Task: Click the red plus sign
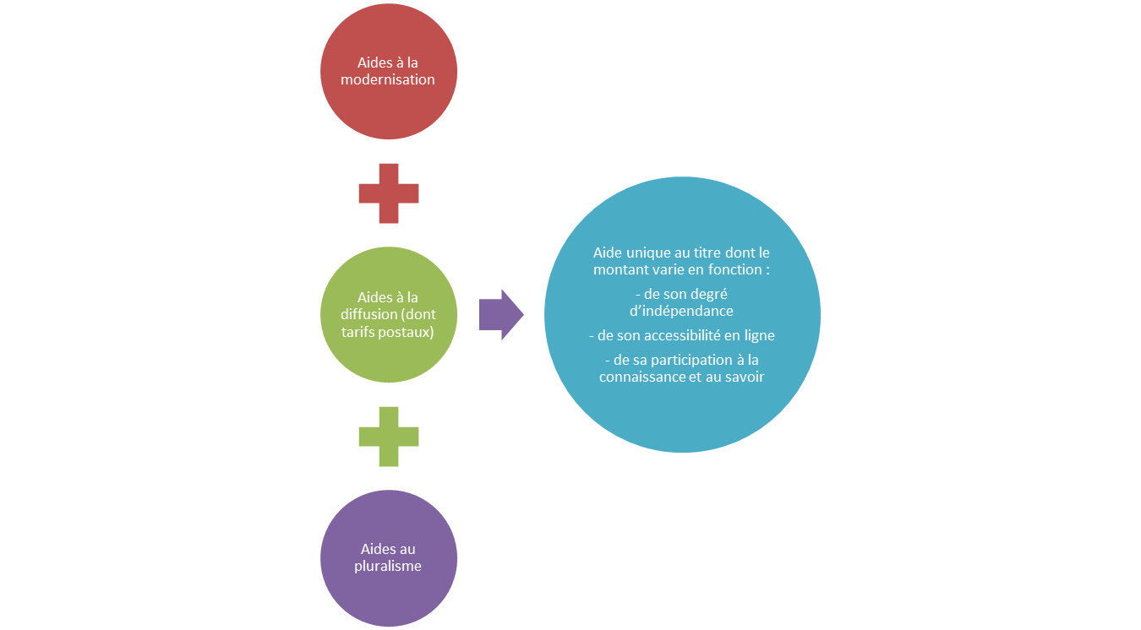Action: (x=389, y=193)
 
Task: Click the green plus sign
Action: (x=389, y=437)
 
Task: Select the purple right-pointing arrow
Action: (x=501, y=314)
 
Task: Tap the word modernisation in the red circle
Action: (x=388, y=79)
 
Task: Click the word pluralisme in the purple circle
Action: (x=388, y=566)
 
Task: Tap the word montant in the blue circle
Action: (x=620, y=269)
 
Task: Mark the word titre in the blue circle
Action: (x=704, y=253)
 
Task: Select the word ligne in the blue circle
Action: (x=757, y=335)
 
